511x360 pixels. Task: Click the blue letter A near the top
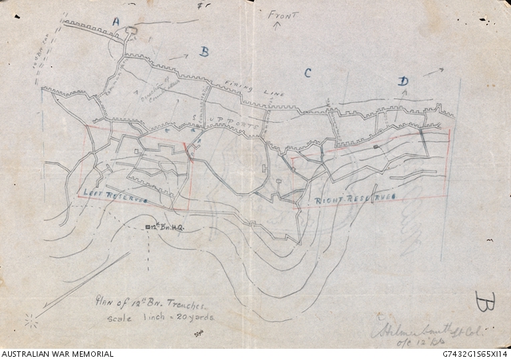117,19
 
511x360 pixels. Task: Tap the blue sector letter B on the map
204,53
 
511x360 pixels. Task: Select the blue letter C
307,73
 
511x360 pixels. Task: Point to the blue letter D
403,81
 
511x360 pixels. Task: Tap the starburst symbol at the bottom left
32,320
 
